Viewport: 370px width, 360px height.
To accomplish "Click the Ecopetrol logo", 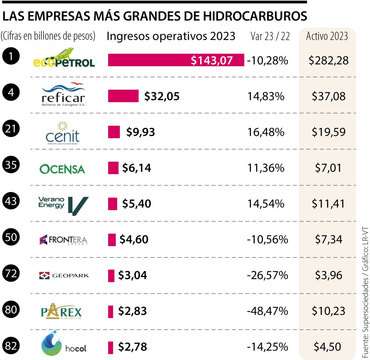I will tap(64, 58).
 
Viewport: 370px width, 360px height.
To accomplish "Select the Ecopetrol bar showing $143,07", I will tap(176, 60).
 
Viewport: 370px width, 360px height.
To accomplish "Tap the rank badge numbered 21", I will tap(11, 128).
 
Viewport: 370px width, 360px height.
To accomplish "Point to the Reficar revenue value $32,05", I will tap(162, 96).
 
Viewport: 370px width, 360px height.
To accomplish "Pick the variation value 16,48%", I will tap(266, 132).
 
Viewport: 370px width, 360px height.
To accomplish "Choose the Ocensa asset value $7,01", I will tap(328, 168).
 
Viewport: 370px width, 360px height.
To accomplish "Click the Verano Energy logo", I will tap(63, 205).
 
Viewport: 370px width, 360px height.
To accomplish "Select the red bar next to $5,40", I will tap(113, 204).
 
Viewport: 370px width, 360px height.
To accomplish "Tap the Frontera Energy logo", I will tap(64, 240).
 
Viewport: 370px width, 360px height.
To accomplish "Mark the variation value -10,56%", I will tap(267, 240).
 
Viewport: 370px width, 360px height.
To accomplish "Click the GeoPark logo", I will tap(64, 275).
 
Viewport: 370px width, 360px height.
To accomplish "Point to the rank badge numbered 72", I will tap(11, 273).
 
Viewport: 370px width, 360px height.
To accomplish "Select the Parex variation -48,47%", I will tap(267, 311).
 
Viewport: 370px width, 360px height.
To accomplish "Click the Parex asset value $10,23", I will tap(328, 311).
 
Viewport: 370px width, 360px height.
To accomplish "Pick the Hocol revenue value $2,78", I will tap(133, 347).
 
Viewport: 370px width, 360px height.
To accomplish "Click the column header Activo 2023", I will tap(327, 36).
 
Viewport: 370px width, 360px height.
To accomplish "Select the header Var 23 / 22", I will tap(270, 36).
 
